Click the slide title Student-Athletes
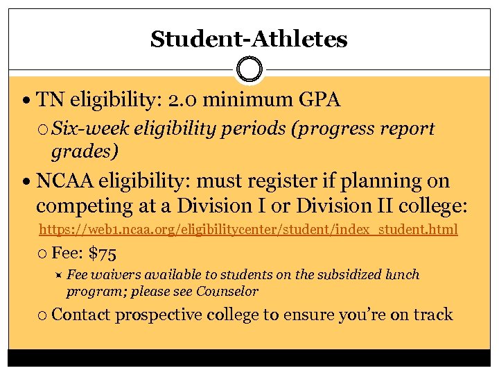click(x=249, y=39)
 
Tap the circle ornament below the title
click(x=249, y=69)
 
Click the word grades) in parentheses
click(x=85, y=151)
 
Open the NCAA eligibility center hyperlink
click(x=248, y=229)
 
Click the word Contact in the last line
click(x=81, y=315)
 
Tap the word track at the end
click(x=432, y=315)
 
